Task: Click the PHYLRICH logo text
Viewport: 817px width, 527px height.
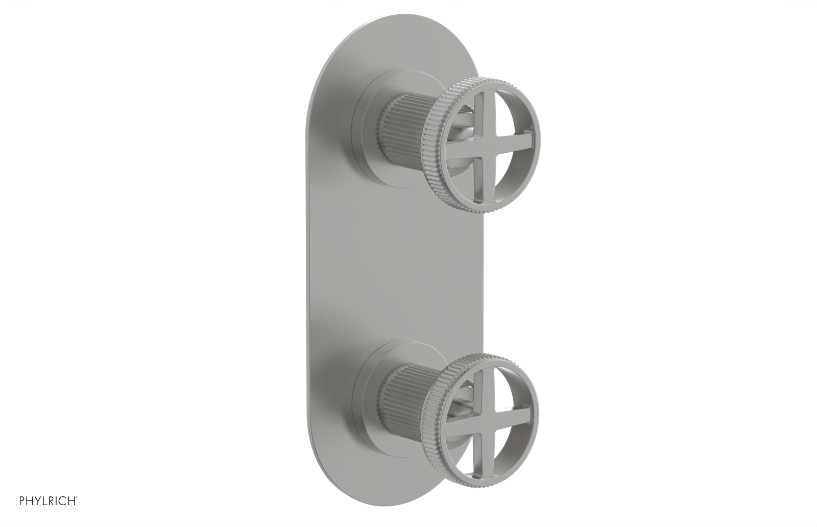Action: pyautogui.click(x=38, y=512)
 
